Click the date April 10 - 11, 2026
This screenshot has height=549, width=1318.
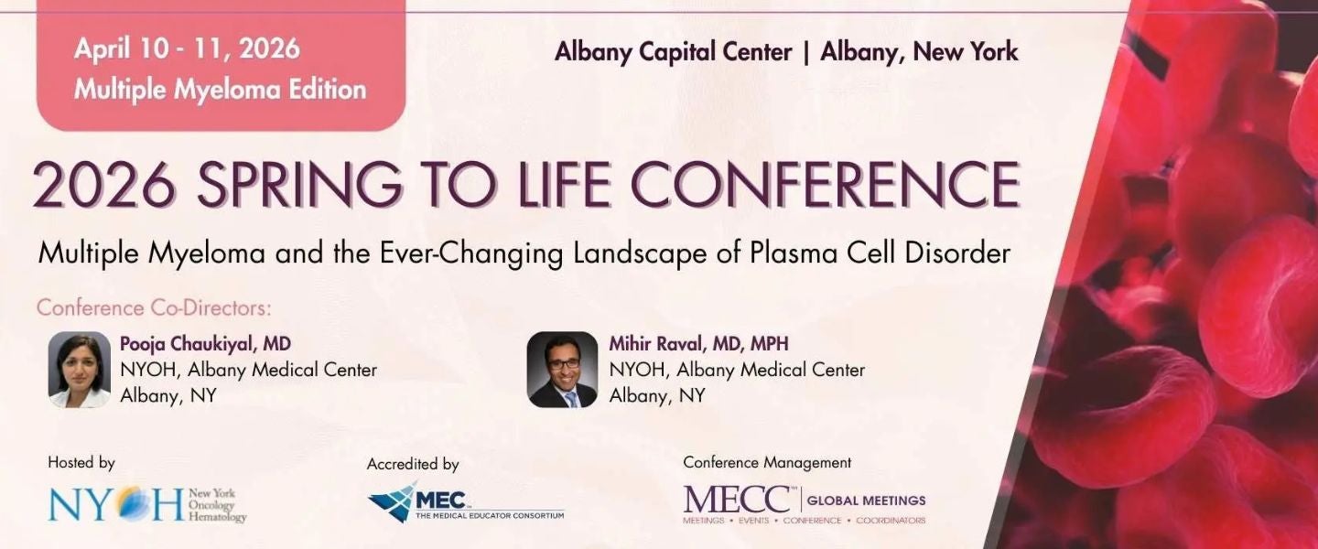(x=187, y=49)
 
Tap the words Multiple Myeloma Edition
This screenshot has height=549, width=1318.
(x=220, y=90)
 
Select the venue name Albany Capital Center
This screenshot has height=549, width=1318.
(x=673, y=52)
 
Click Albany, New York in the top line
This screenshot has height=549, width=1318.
(x=919, y=52)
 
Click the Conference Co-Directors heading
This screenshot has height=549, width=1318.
(x=155, y=307)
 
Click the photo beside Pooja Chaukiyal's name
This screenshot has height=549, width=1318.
(x=80, y=370)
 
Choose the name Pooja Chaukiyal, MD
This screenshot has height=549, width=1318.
(x=206, y=345)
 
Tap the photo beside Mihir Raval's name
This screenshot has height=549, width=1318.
(x=562, y=370)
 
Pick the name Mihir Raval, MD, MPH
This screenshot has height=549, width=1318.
(x=699, y=345)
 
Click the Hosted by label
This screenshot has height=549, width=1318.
(x=81, y=463)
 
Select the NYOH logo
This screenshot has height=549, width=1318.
(x=146, y=504)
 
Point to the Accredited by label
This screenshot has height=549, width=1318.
(x=413, y=464)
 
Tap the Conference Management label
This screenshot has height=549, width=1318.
(x=767, y=463)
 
